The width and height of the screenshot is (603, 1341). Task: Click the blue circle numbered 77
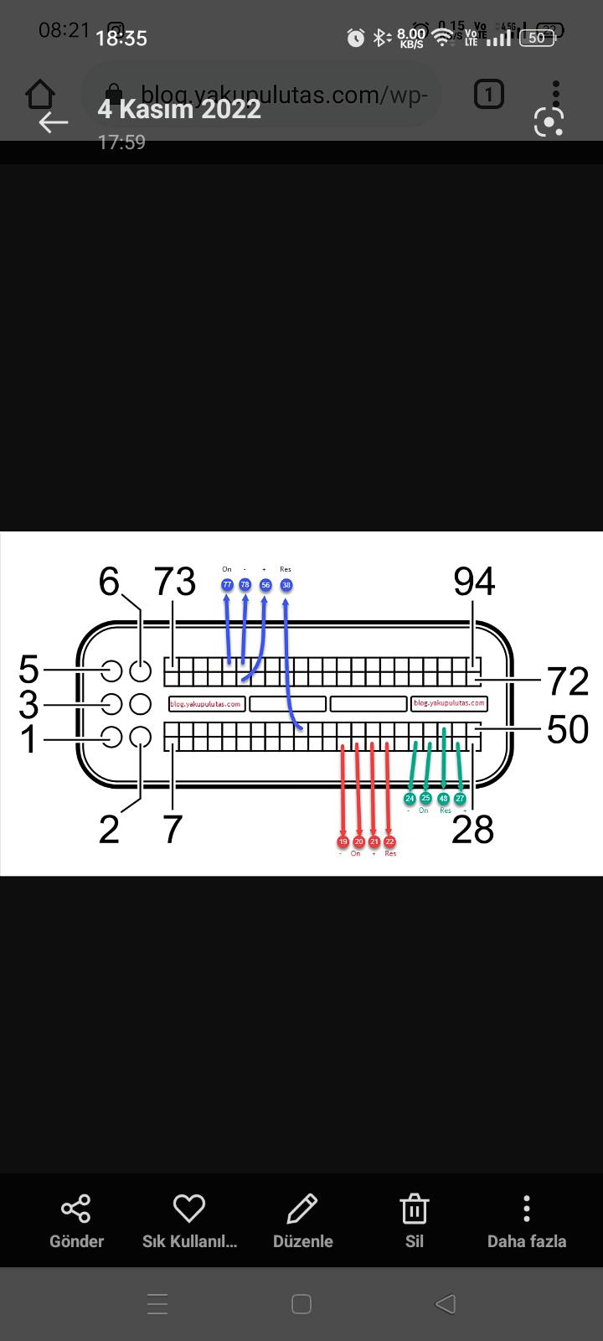coord(227,584)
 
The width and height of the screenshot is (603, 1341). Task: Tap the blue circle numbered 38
coord(286,584)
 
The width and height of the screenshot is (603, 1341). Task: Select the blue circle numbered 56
coord(265,584)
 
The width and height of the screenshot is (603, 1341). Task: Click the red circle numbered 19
coord(343,841)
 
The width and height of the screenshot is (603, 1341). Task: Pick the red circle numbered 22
coord(389,841)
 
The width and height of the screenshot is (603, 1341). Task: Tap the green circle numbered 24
coord(410,799)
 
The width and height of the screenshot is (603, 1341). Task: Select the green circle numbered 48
coord(443,799)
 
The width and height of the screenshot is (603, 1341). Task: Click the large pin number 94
coord(474,581)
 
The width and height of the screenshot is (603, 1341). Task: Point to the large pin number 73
coord(174,581)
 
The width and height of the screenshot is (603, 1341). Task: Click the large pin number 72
coord(568,681)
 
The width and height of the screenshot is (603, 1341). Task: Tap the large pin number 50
coord(568,729)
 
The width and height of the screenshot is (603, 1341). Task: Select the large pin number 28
coord(472,829)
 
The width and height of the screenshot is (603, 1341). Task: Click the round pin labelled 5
coord(111,670)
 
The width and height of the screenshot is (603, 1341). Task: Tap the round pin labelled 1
coord(111,738)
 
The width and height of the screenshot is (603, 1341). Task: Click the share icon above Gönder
coord(76,1209)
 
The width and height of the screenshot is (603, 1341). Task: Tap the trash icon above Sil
coord(415,1209)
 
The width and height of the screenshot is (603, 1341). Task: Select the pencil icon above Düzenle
coord(302,1209)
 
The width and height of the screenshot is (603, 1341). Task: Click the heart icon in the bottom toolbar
coord(189,1209)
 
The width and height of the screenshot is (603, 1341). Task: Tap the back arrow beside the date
coord(54,122)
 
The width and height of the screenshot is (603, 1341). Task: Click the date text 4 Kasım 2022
coord(179,109)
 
